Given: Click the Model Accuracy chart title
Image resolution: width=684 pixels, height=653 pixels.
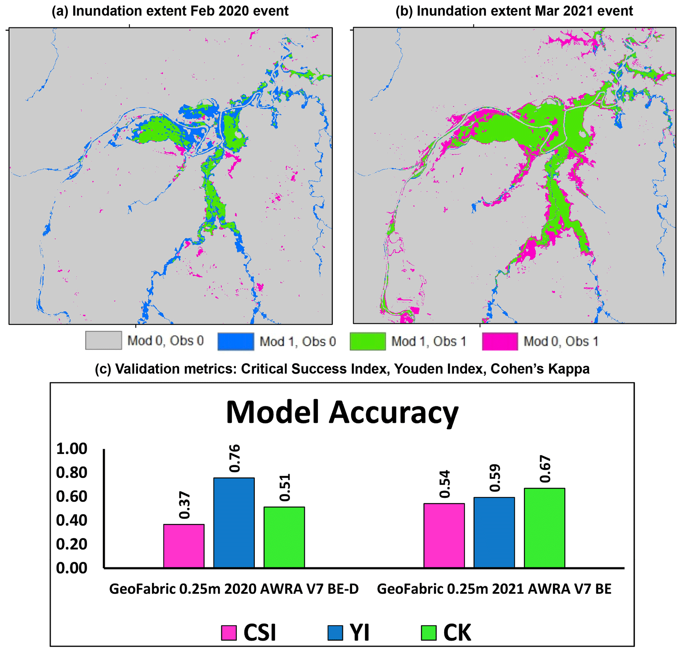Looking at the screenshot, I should click(x=342, y=412).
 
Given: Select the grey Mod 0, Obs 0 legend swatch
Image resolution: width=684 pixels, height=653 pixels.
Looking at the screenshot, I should click(x=103, y=341).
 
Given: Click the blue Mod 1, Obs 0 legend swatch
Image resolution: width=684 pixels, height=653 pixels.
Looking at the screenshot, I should click(x=235, y=342).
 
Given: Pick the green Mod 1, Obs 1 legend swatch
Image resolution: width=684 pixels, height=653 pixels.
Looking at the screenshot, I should click(x=368, y=342).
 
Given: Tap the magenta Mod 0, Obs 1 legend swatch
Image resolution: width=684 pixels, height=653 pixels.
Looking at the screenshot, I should click(x=500, y=342).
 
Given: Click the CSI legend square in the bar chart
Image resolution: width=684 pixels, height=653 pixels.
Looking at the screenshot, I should click(x=229, y=633).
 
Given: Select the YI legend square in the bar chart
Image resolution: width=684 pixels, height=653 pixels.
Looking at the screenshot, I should click(x=335, y=633).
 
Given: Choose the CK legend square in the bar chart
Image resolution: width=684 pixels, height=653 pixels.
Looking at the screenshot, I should click(x=429, y=633).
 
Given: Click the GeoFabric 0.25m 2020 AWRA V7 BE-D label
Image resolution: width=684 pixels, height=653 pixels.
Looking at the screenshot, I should click(x=234, y=589).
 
